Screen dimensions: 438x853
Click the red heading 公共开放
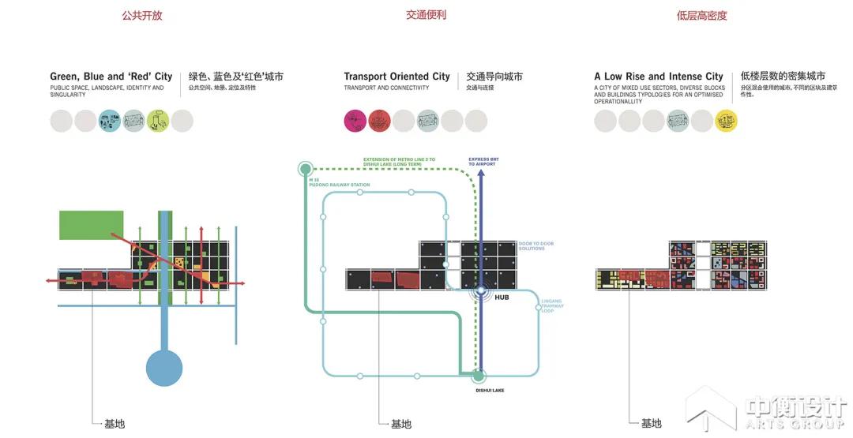coord(142,15)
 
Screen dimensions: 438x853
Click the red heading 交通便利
coord(426,15)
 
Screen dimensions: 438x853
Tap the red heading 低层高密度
coord(701,15)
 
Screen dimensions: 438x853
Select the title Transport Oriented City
coord(396,77)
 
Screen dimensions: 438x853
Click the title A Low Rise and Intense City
coord(659,77)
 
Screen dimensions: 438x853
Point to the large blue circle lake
coord(164,368)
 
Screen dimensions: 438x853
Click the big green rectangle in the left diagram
coord(91,225)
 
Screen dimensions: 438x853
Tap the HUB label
coord(502,298)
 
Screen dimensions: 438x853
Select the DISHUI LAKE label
coord(490,389)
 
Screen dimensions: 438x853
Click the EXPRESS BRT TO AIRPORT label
coord(483,161)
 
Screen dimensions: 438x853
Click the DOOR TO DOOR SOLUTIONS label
coord(536,246)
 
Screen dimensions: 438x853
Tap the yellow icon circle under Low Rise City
coord(726,121)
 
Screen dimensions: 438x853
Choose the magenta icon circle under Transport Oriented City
coord(355,121)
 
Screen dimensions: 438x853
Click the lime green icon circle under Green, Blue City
coord(158,121)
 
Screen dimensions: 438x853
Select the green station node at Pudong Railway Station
coord(306,168)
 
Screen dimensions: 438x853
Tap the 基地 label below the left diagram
coord(115,424)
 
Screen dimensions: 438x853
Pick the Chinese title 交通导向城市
coord(494,77)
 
